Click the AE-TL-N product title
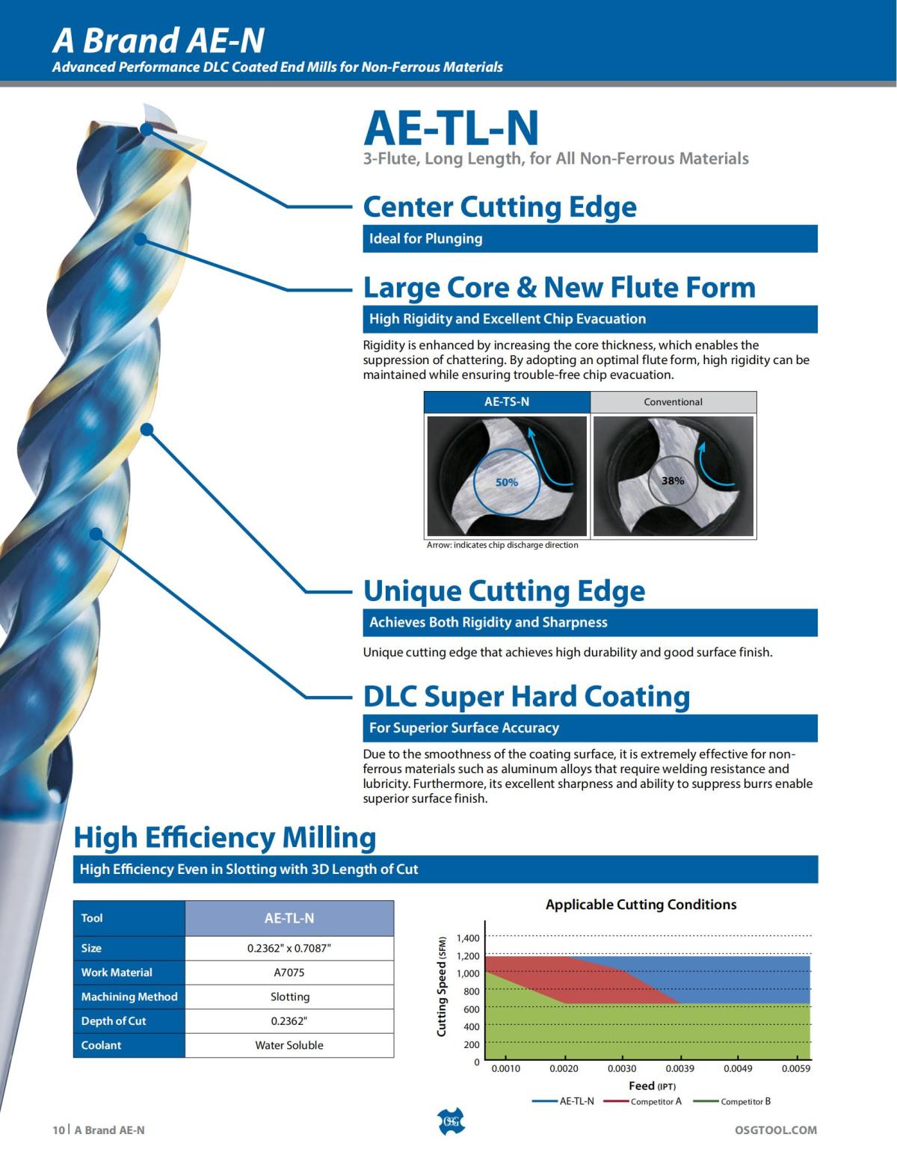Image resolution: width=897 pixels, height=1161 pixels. click(451, 128)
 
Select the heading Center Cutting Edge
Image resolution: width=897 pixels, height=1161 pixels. click(499, 207)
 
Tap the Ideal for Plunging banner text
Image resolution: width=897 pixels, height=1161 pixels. click(425, 238)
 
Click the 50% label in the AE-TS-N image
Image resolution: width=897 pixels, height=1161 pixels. click(507, 482)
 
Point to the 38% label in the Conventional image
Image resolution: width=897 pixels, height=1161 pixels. click(673, 481)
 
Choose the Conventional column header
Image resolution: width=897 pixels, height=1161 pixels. click(673, 401)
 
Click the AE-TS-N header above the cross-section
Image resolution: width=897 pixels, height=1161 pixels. click(507, 401)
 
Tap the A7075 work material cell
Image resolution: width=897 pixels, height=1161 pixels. click(289, 973)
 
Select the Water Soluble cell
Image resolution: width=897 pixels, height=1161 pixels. click(289, 1045)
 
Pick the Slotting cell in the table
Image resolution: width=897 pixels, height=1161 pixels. click(289, 997)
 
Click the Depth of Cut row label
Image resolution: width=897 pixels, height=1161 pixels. click(114, 1021)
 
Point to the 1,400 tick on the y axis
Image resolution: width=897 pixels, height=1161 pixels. click(468, 938)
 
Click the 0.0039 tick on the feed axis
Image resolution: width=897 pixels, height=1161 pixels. click(679, 1068)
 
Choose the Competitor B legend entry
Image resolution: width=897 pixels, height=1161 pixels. click(745, 1101)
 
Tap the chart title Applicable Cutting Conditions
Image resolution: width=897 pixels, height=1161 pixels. click(641, 905)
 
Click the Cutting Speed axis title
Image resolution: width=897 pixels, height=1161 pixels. click(441, 986)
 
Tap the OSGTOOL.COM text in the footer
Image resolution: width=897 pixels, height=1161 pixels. click(776, 1130)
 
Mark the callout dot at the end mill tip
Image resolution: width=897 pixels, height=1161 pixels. click(147, 129)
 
